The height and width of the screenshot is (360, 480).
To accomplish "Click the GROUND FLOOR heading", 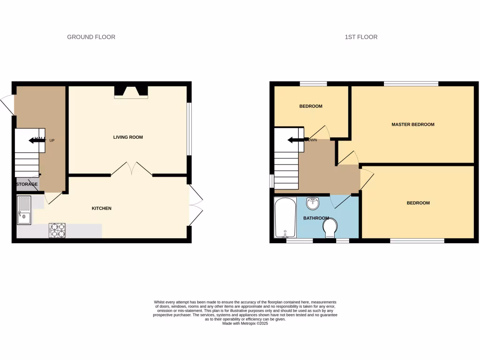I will click(x=91, y=37).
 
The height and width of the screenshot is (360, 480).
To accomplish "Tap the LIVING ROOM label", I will click(x=128, y=137).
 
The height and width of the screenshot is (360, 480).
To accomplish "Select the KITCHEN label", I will click(x=101, y=208).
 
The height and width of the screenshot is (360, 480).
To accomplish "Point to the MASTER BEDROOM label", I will click(x=413, y=125).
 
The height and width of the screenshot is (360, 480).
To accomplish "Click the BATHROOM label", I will click(x=316, y=218).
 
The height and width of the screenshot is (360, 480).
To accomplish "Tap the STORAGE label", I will click(x=27, y=184).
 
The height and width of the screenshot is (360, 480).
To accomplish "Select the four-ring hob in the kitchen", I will click(x=57, y=230).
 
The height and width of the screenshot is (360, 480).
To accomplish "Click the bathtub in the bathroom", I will click(x=285, y=218).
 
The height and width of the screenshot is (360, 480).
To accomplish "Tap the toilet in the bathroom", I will click(x=331, y=229).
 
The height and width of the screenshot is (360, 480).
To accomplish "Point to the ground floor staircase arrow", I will click(x=35, y=140).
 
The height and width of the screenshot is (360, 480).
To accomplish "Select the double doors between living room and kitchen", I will click(x=132, y=169).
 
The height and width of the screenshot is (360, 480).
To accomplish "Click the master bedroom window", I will click(x=411, y=84).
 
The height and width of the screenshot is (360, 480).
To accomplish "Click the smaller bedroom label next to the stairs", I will click(x=311, y=106).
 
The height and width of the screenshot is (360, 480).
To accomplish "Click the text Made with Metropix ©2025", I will click(x=245, y=323).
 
